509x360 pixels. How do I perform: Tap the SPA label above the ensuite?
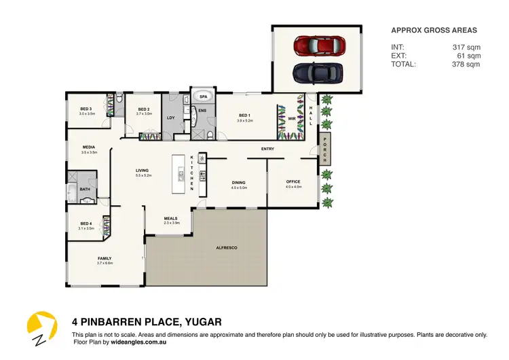(203, 97)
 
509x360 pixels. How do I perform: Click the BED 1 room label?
(245, 115)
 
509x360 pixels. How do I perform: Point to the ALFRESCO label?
(226, 249)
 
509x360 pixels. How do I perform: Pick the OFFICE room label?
(293, 181)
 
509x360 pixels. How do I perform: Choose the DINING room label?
(239, 182)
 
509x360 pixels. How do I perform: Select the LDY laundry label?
(171, 117)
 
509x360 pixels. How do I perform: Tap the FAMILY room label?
(104, 258)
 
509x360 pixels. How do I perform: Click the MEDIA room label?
(89, 147)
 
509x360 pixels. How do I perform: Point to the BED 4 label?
(86, 223)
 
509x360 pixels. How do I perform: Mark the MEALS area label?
(171, 218)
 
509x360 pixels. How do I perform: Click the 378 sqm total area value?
(467, 65)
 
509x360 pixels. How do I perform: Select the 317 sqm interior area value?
(467, 47)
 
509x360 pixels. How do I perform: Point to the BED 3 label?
(86, 109)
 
